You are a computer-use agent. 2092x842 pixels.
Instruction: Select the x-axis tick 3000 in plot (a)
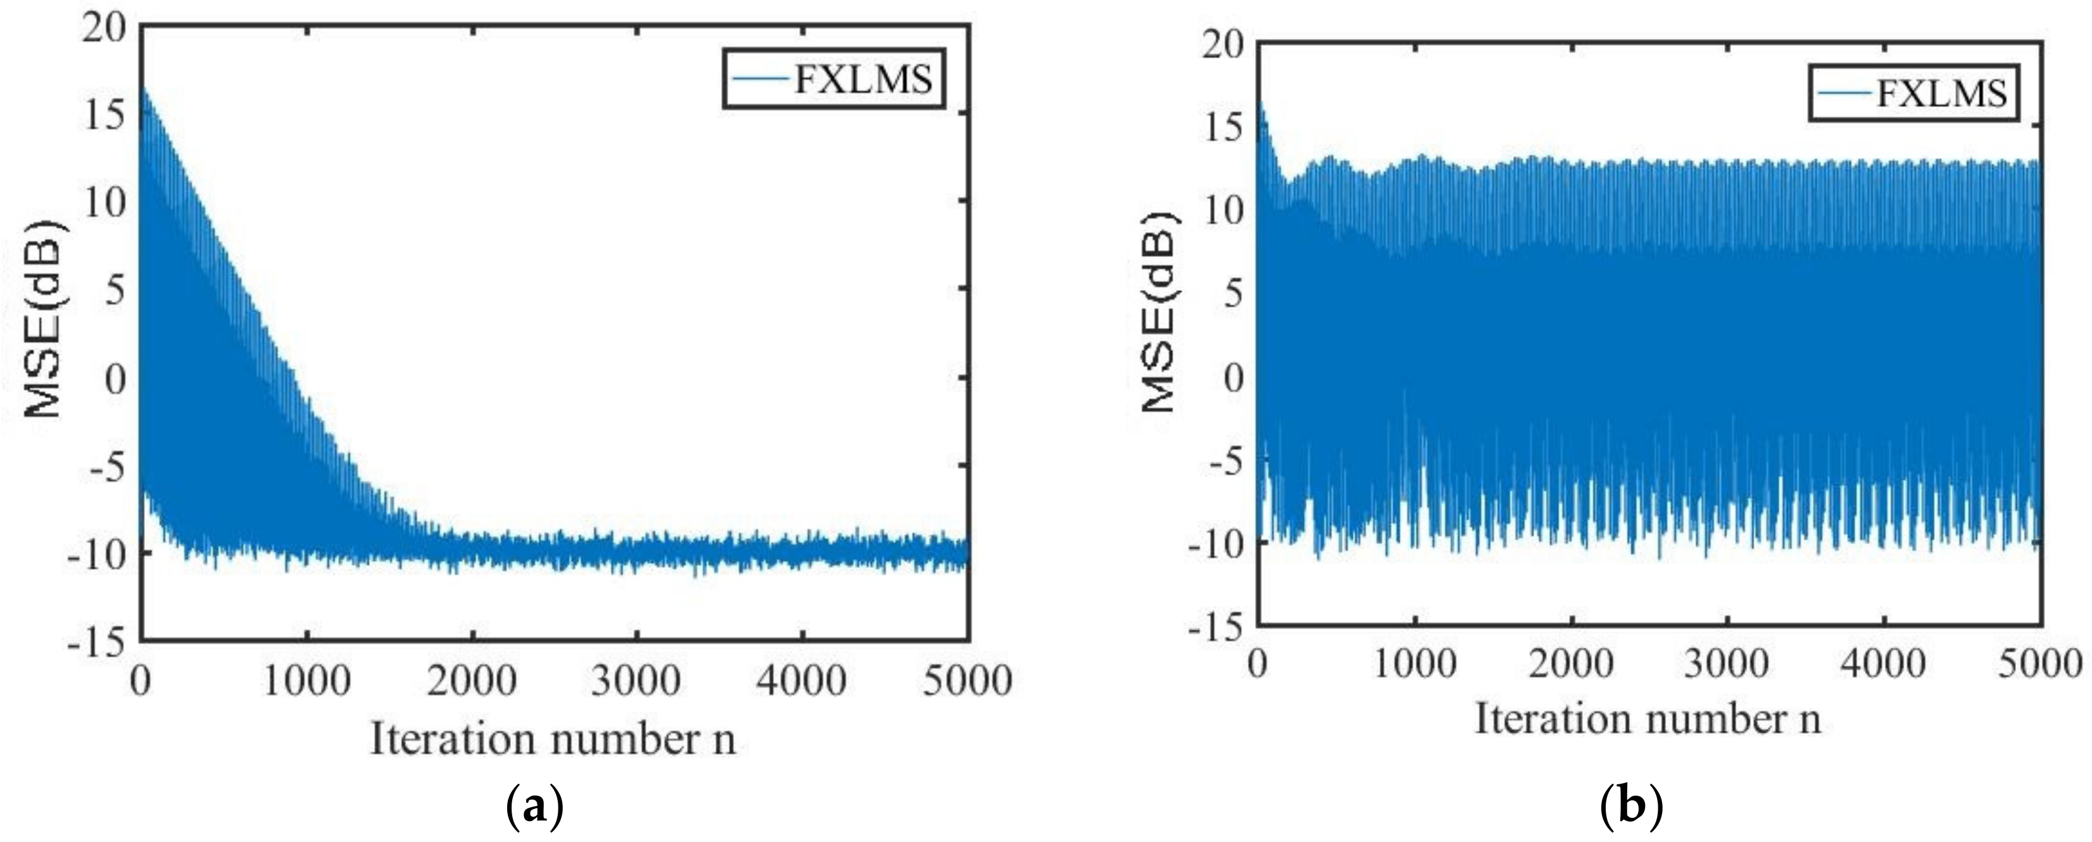[x=636, y=679]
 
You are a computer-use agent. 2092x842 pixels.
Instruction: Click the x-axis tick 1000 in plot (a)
[x=306, y=679]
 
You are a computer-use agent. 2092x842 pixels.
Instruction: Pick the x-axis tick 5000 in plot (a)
[x=966, y=679]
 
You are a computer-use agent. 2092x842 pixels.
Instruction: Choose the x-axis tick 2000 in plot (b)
[x=1572, y=663]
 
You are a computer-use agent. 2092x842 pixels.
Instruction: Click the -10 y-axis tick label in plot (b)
[x=1216, y=543]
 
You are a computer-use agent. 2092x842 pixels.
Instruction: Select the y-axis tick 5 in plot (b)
[x=1233, y=294]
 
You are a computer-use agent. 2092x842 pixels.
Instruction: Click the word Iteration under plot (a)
[x=452, y=739]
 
